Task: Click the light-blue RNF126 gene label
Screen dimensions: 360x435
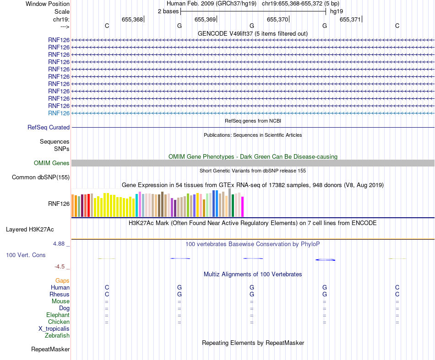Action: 59,113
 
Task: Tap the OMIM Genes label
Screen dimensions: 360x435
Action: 52,163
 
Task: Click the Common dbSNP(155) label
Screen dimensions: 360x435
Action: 41,177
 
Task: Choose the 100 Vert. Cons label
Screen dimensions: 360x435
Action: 26,255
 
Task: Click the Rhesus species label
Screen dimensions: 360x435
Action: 60,295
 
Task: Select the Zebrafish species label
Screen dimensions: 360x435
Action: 57,336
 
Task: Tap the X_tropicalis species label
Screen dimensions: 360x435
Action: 54,329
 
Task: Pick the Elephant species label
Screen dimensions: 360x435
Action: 58,315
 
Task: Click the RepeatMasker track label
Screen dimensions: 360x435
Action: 50,349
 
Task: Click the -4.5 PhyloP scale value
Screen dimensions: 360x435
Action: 60,267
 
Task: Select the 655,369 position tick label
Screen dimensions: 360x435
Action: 205,20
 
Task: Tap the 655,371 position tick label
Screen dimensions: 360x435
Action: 350,20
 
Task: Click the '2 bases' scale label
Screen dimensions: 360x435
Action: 168,11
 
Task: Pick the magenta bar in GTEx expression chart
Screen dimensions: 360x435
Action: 243,207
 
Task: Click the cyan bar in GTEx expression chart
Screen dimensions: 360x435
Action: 137,205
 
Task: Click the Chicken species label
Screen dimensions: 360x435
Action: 59,322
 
